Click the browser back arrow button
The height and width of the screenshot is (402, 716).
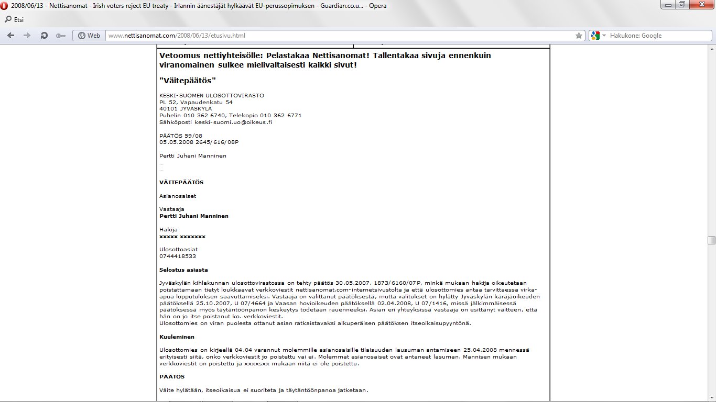coord(10,36)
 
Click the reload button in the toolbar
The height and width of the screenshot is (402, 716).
coord(44,36)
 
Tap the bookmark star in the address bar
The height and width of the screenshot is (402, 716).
coord(579,36)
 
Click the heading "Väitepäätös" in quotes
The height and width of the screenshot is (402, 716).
coord(188,80)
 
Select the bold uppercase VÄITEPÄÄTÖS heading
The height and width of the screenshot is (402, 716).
coord(181,183)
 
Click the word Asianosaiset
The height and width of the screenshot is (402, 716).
coord(178,196)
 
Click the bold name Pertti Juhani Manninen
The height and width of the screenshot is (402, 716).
coord(194,216)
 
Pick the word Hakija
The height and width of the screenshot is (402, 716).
coord(168,229)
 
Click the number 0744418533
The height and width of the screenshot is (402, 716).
coord(178,256)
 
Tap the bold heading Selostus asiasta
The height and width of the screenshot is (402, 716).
coord(183,270)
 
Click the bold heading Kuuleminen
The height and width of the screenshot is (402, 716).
coord(177,337)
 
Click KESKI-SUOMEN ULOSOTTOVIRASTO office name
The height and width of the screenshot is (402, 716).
coord(212,95)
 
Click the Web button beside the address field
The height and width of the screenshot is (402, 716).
coord(89,36)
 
